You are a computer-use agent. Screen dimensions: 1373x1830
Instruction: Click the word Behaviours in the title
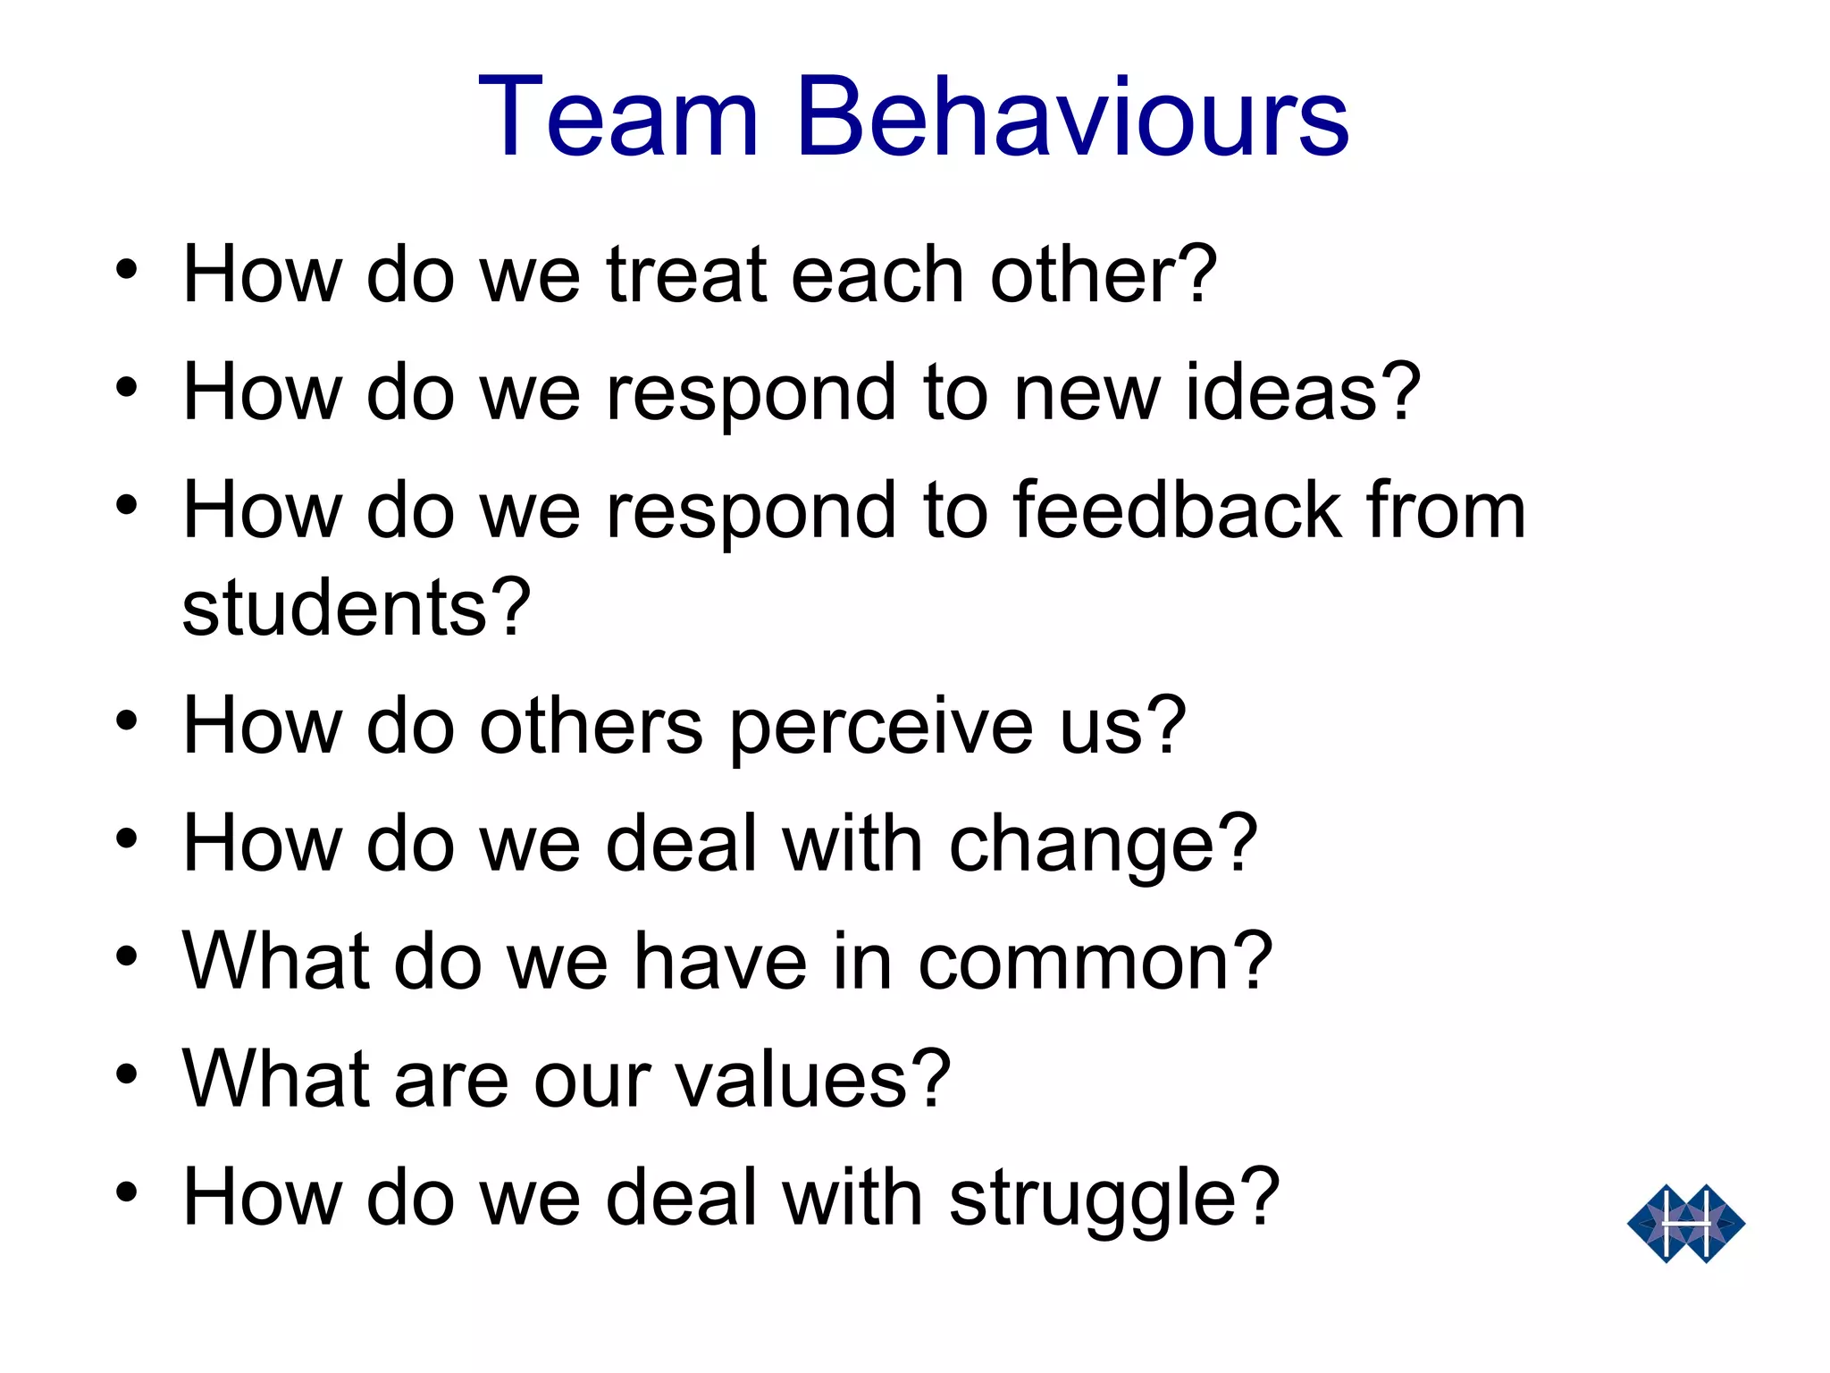pyautogui.click(x=1072, y=118)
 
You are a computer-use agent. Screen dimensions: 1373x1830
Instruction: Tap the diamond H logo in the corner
pyautogui.click(x=1685, y=1223)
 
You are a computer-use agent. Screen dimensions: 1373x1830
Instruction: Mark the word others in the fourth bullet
pyautogui.click(x=591, y=726)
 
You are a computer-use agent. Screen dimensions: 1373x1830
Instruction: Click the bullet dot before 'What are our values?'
pyautogui.click(x=127, y=1073)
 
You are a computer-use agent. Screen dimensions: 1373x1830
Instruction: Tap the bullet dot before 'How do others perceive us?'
pyautogui.click(x=127, y=720)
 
